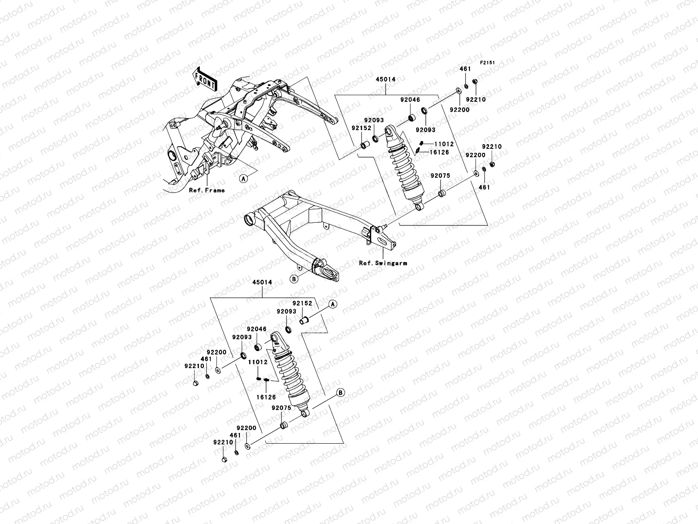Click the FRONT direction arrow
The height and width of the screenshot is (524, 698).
point(205,79)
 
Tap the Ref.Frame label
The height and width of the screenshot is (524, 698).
point(207,190)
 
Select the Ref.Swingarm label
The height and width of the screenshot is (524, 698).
point(383,263)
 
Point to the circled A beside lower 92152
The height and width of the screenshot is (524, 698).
point(332,304)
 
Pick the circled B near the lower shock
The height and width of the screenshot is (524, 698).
point(341,393)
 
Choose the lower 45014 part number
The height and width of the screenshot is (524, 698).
point(262,283)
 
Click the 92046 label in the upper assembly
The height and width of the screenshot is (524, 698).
point(410,100)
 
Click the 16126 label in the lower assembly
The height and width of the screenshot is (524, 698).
point(266,397)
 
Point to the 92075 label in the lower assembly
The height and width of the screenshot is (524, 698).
point(281,408)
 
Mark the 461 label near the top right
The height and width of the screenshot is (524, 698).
point(465,69)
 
